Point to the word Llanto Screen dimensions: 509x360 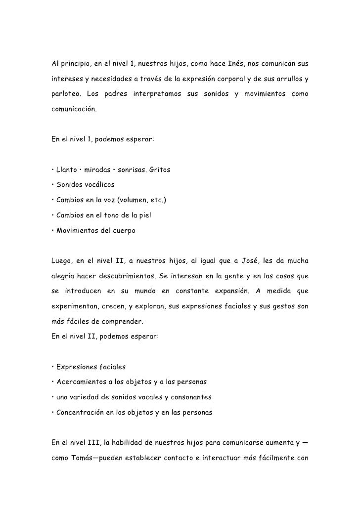point(67,170)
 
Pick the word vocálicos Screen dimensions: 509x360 point(100,185)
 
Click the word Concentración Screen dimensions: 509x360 point(81,412)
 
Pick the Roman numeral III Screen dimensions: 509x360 point(90,442)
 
